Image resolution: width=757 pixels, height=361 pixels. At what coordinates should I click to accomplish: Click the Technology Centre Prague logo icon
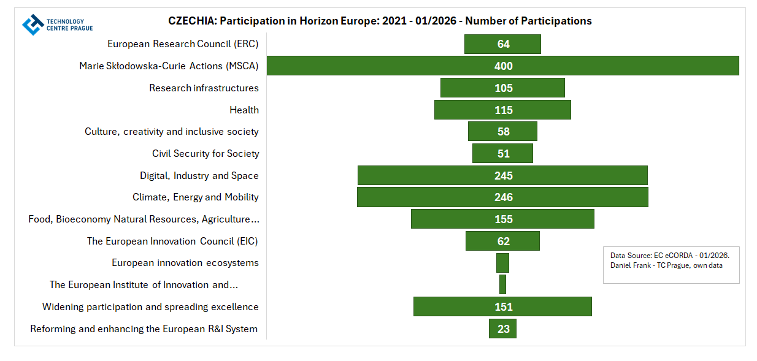tap(33, 25)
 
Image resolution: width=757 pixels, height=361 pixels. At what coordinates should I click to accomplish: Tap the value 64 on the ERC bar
tap(504, 44)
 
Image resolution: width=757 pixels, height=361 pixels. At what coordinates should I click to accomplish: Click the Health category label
tap(244, 110)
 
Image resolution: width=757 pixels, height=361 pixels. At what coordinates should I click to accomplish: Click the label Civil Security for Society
tap(206, 154)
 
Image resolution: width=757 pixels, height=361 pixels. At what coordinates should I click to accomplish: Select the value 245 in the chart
tap(504, 176)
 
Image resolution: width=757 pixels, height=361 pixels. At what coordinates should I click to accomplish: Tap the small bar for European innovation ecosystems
tap(502, 263)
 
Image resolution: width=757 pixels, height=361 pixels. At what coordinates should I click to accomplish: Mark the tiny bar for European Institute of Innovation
tap(502, 284)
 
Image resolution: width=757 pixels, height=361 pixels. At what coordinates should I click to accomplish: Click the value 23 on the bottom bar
tap(504, 329)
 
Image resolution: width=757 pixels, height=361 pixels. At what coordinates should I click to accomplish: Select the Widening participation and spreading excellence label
tap(150, 307)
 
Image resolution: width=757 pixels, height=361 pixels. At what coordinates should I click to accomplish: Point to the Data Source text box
tap(671, 265)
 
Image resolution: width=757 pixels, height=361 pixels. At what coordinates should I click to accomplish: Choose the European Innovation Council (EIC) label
tap(172, 241)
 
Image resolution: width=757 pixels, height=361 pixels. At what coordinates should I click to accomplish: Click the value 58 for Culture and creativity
tap(504, 132)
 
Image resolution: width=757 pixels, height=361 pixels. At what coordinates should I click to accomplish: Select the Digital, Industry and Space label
tap(199, 176)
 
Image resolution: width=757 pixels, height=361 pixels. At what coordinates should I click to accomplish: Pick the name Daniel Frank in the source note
tap(631, 265)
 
